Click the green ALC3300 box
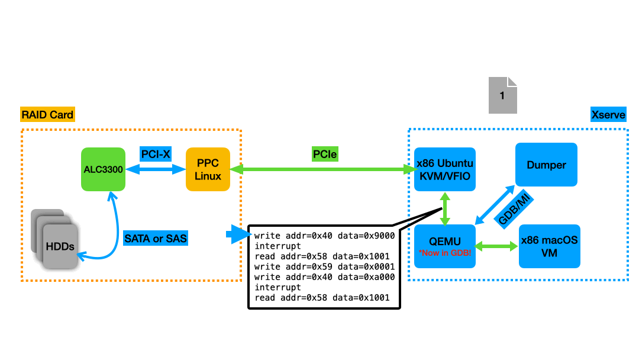[103, 169]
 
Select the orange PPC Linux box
[208, 169]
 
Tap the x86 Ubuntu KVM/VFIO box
[445, 169]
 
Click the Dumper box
[546, 165]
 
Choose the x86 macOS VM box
[549, 246]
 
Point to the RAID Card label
[47, 114]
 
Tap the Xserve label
[608, 114]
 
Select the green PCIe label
[325, 155]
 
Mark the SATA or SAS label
[155, 239]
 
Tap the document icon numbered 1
[502, 95]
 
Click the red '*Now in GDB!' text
[444, 253]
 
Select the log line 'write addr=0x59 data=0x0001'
[324, 266]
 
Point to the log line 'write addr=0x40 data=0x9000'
[324, 235]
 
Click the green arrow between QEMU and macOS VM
[497, 246]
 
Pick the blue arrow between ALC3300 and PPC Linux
[156, 169]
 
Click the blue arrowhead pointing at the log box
[238, 235]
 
